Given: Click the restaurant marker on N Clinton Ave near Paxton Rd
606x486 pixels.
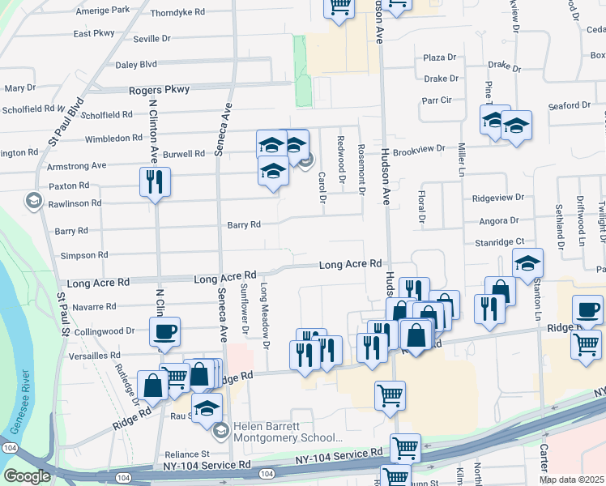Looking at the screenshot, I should (x=155, y=181).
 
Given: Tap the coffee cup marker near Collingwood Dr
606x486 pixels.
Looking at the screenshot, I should (x=164, y=331).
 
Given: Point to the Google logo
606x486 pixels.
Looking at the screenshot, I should (x=27, y=475).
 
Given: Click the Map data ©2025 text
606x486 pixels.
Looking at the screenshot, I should (x=572, y=479).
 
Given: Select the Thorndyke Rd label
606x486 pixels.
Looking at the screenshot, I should (x=177, y=14).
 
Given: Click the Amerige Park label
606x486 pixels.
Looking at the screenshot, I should (x=102, y=11).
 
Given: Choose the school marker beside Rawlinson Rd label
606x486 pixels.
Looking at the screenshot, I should (x=34, y=200).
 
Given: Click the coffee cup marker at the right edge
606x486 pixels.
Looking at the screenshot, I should (x=587, y=309).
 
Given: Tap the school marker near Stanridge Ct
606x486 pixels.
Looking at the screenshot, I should (x=527, y=262).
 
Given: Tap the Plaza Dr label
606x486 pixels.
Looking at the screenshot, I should (x=441, y=58).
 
